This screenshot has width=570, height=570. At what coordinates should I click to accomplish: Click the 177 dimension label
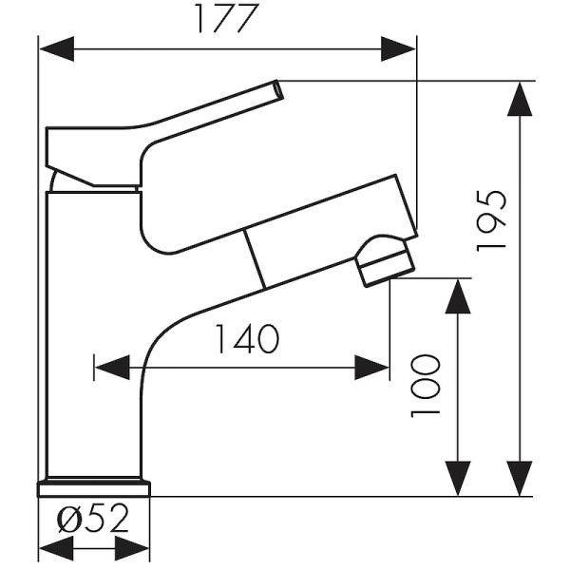[227, 18]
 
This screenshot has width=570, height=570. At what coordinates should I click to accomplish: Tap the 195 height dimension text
[491, 220]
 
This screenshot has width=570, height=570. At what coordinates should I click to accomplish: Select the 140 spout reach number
[247, 339]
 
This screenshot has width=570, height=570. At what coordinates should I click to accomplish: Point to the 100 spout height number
[426, 386]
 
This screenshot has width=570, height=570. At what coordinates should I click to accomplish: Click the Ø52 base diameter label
[93, 519]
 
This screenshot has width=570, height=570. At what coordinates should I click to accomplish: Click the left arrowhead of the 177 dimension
[57, 48]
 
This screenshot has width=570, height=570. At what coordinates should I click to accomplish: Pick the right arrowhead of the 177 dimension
[398, 48]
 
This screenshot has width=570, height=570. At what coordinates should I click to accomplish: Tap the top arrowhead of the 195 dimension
[520, 99]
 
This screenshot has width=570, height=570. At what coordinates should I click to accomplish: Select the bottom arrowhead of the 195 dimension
[520, 479]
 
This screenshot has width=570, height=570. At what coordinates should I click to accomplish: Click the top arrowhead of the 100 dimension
[458, 296]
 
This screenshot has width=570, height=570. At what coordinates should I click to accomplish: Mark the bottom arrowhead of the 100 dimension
[458, 479]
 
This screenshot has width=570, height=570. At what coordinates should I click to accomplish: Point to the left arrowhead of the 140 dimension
[112, 368]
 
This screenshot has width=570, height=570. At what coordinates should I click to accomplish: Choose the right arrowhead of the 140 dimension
[371, 368]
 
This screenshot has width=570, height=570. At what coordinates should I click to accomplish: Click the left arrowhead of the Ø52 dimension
[56, 548]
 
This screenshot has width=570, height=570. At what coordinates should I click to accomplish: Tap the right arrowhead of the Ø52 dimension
[132, 548]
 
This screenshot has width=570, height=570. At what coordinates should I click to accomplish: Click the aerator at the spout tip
[386, 261]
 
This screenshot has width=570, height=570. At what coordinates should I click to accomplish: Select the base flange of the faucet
[94, 489]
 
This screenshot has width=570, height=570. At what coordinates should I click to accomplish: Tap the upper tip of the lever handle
[278, 89]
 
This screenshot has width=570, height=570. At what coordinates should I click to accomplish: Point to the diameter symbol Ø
[69, 519]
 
